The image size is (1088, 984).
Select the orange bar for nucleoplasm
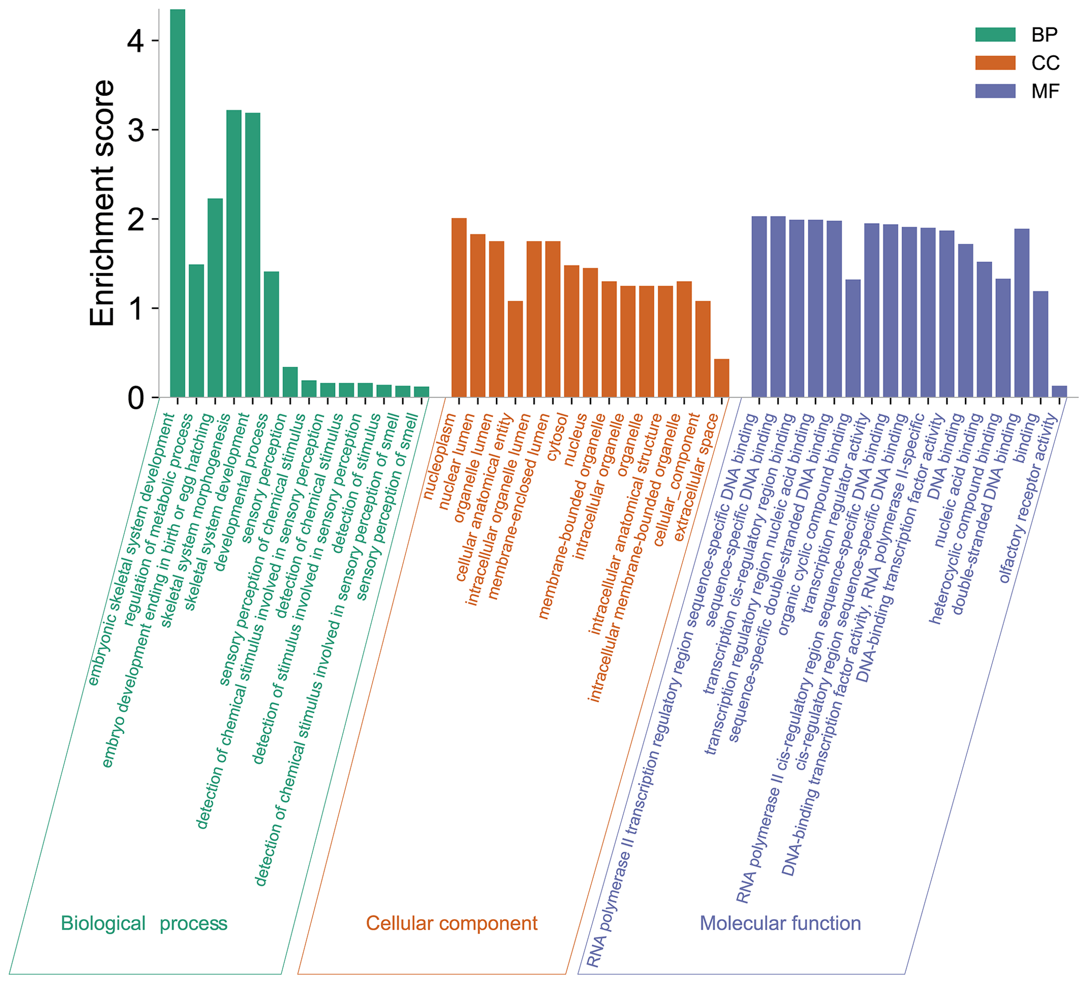coord(459,308)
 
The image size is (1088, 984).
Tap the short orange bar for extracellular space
coord(722,378)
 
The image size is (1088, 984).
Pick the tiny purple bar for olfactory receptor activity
coord(1060,391)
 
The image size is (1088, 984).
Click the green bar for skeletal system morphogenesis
coord(234,254)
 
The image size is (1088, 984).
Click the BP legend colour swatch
coord(995,35)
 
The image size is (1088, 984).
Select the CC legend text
coord(1045,63)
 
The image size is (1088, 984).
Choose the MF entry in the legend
coord(1045,92)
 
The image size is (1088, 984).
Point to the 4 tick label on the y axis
coord(136,41)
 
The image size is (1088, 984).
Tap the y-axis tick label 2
coord(136,219)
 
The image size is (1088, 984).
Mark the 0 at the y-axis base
coord(136,399)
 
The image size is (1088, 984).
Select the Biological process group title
coord(144,923)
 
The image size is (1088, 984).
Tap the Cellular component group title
coord(452,923)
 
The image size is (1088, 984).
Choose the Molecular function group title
coord(780,923)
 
